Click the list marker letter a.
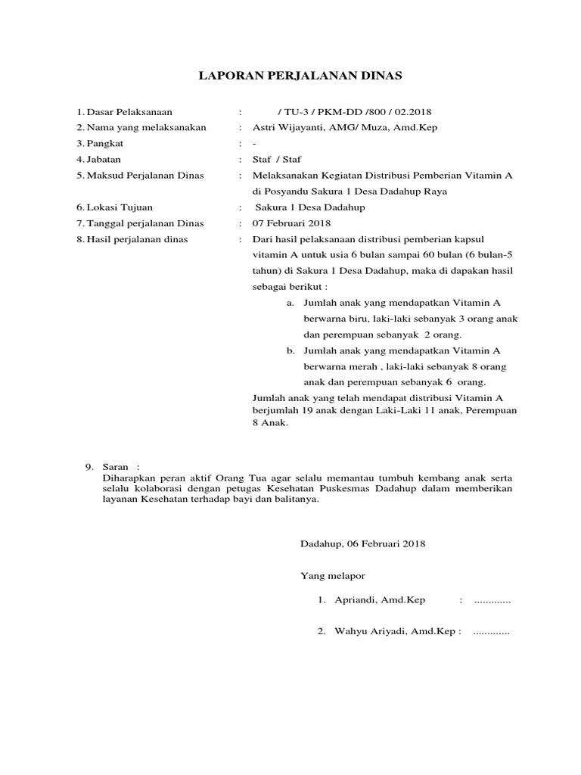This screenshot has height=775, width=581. (290, 303)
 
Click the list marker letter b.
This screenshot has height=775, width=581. (290, 351)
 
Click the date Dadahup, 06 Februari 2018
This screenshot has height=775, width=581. (363, 543)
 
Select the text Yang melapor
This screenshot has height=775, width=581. (328, 576)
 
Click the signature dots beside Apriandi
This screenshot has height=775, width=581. (492, 601)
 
